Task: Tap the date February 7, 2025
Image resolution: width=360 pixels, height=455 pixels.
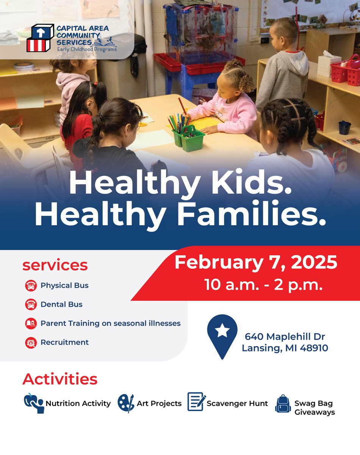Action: click(x=256, y=262)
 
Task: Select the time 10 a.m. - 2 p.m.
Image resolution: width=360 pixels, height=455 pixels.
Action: click(x=263, y=284)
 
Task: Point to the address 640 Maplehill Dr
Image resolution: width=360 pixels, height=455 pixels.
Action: click(x=285, y=336)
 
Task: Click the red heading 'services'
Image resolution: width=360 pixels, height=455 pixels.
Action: click(x=55, y=265)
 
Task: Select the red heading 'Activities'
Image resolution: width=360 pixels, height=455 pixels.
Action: click(x=60, y=379)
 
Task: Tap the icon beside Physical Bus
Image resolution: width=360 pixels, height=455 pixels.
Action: click(x=31, y=286)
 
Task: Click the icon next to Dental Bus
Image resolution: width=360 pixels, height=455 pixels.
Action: click(x=31, y=304)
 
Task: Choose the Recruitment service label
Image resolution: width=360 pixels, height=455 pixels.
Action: click(x=64, y=342)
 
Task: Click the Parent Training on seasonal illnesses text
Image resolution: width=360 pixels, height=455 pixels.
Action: click(x=110, y=323)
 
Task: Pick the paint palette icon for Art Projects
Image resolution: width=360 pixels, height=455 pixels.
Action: click(x=126, y=403)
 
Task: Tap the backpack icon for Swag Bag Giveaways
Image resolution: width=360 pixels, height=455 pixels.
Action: click(x=283, y=404)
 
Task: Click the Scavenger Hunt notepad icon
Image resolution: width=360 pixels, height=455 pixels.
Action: click(x=196, y=402)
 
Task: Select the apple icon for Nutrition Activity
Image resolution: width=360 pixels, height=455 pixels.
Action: click(x=34, y=403)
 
